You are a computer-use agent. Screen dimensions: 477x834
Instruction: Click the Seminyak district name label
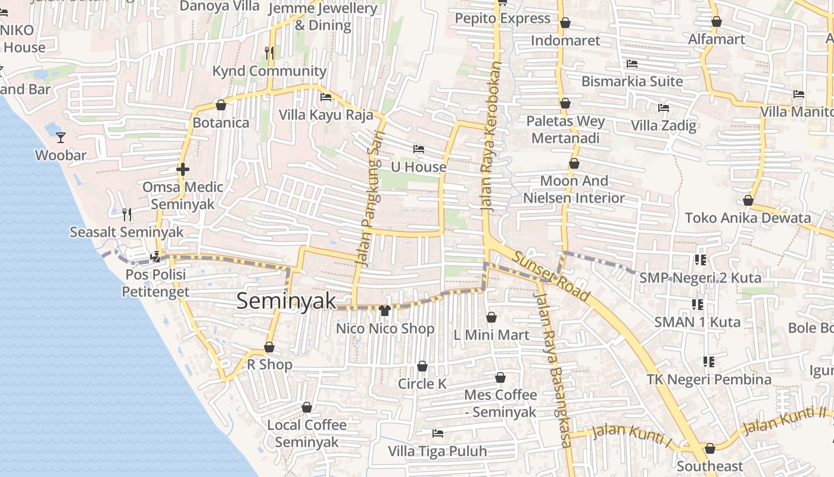tap(287, 301)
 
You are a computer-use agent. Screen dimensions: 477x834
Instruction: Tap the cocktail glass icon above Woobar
tap(61, 138)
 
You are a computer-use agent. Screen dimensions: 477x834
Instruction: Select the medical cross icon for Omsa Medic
tap(183, 169)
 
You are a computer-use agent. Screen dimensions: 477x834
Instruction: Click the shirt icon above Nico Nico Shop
tap(385, 311)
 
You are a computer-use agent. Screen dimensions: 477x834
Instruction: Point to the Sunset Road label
tap(552, 277)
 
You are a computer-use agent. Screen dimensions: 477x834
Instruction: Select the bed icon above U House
tap(419, 149)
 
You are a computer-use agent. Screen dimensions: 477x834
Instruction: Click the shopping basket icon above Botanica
tap(221, 106)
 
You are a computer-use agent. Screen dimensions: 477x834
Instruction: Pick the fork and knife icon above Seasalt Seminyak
tap(126, 214)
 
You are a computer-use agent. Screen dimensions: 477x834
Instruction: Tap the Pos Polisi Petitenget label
tap(155, 283)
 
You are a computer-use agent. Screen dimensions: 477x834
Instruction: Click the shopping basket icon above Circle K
tap(422, 366)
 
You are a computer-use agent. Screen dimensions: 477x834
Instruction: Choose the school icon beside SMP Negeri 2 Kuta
tap(700, 260)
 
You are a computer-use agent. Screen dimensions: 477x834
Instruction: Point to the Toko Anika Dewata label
tap(748, 218)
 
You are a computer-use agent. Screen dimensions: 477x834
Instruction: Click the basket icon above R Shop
tap(269, 347)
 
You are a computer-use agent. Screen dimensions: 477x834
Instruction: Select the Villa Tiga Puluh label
tap(437, 451)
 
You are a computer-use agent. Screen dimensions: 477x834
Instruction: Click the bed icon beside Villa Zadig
tap(663, 108)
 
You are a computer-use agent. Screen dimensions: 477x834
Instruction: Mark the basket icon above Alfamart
tap(717, 22)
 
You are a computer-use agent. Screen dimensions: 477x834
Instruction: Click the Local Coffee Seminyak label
tap(307, 433)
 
